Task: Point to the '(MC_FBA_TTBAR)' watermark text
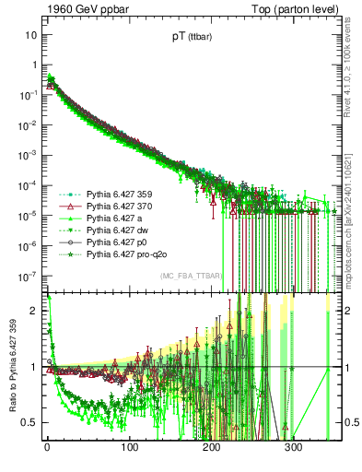(191, 277)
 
